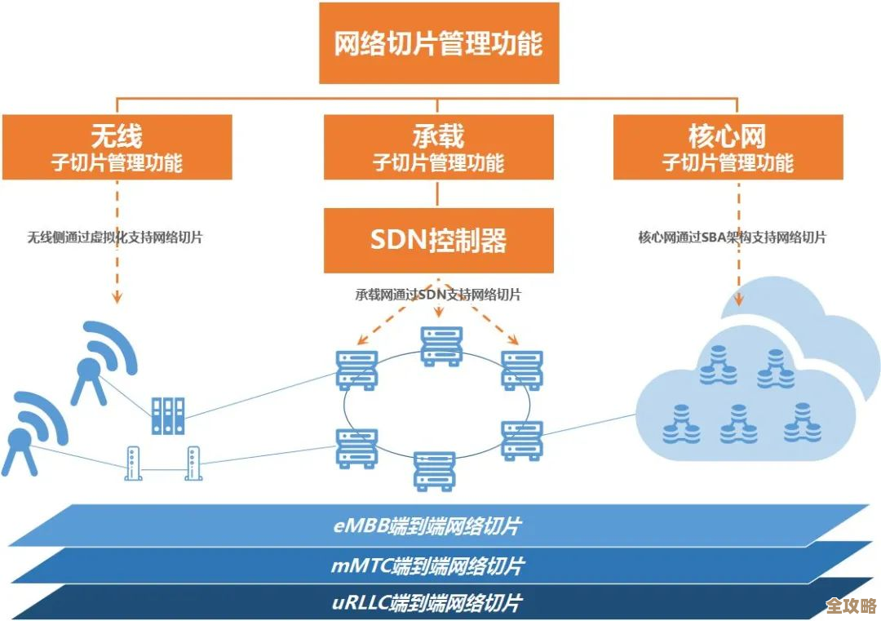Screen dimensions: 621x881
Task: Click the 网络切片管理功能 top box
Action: (439, 42)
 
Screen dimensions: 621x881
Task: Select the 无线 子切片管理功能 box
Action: (117, 147)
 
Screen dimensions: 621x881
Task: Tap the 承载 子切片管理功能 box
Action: (438, 147)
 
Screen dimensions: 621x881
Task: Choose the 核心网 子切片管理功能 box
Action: (728, 147)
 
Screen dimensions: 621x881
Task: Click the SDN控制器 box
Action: (438, 240)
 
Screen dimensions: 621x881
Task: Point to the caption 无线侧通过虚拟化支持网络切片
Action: (115, 237)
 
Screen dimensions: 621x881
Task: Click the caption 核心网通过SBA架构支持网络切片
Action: (732, 237)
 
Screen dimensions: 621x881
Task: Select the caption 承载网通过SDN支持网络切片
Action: (437, 295)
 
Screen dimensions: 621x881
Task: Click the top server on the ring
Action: (441, 345)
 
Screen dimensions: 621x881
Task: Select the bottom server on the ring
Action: (434, 470)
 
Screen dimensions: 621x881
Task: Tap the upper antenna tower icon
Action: (102, 359)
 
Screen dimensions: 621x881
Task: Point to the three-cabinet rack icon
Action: (168, 415)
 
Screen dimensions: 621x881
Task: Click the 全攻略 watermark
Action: (850, 605)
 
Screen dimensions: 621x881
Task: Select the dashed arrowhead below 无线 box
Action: (117, 297)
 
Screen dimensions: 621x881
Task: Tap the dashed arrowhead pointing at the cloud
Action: (739, 299)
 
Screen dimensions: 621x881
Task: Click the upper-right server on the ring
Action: (522, 370)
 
